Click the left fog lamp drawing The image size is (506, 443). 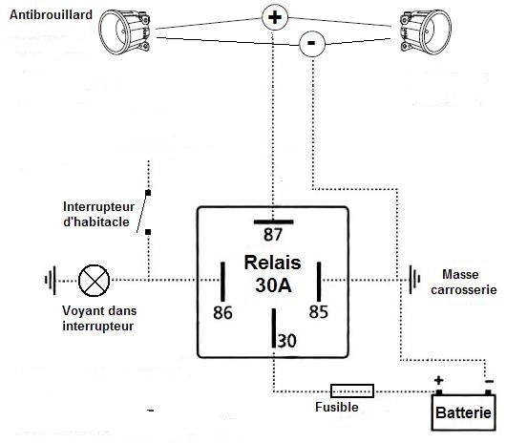coord(124,32)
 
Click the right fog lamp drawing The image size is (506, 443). coord(425,32)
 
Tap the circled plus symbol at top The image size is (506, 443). coord(275,17)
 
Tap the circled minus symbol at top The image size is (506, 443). coord(312,44)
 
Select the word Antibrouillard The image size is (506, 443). coord(51,15)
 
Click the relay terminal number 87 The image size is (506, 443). coord(273,234)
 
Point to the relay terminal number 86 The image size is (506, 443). coord(222,312)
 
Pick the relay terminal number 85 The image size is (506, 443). coord(319,311)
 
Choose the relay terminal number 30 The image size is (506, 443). coord(286,341)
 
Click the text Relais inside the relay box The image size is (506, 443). coord(273,263)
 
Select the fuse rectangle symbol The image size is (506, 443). coord(352,391)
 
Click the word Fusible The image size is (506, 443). coord(337,407)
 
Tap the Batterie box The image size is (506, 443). coord(463,412)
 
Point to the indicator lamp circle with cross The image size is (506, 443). coord(94,281)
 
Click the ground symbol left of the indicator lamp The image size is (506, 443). coord(51,280)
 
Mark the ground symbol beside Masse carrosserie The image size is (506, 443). coord(414,280)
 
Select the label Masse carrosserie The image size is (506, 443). coord(463,282)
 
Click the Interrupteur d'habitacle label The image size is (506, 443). coord(98,214)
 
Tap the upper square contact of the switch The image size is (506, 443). coord(148,193)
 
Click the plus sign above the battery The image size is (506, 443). coord(438,380)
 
